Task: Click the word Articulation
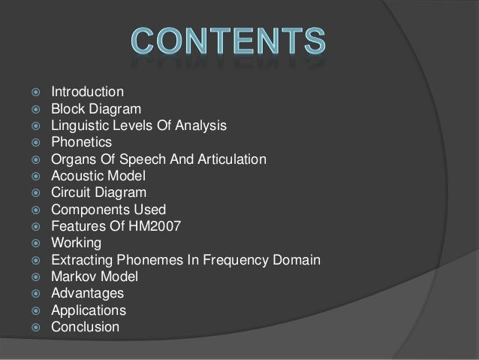pyautogui.click(x=229, y=159)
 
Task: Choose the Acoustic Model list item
pyautogui.click(x=98, y=176)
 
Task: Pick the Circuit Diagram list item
pyautogui.click(x=98, y=192)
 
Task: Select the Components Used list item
pyautogui.click(x=108, y=210)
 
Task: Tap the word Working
pyautogui.click(x=74, y=243)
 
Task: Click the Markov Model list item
pyautogui.click(x=94, y=277)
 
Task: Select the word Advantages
pyautogui.click(x=87, y=293)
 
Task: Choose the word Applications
pyautogui.click(x=88, y=310)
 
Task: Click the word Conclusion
pyautogui.click(x=85, y=327)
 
